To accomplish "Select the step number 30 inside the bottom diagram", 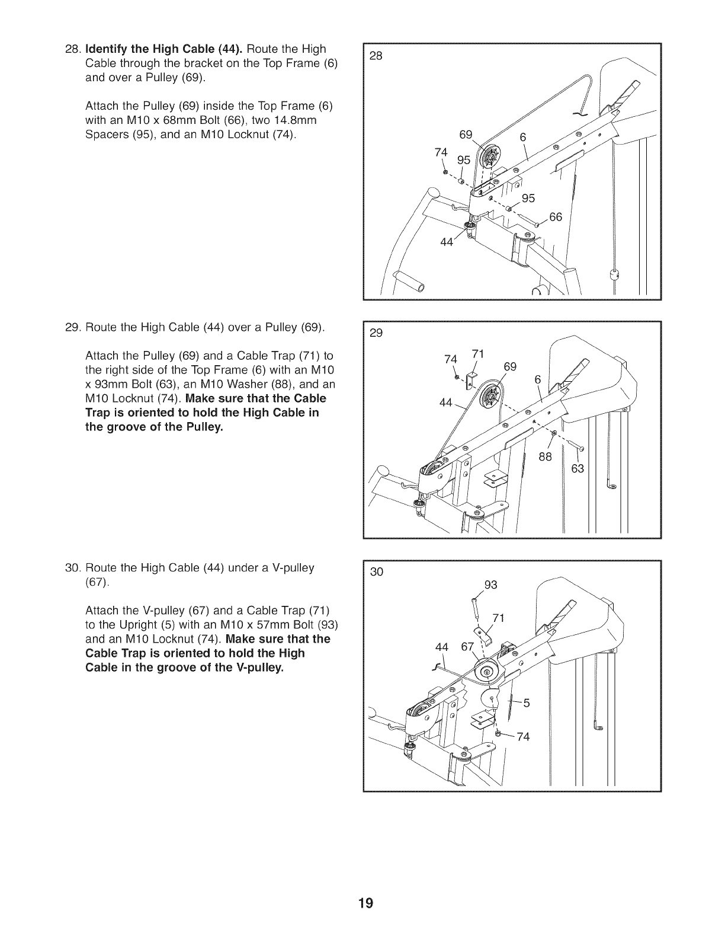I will pos(377,572).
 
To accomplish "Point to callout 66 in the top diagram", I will pos(556,217).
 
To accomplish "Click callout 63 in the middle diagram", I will pos(578,469).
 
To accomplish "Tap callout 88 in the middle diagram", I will pos(545,456).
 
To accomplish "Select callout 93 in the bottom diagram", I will pos(490,585).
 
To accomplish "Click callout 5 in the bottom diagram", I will pos(527,704).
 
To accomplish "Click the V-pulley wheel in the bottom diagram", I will pos(487,672).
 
